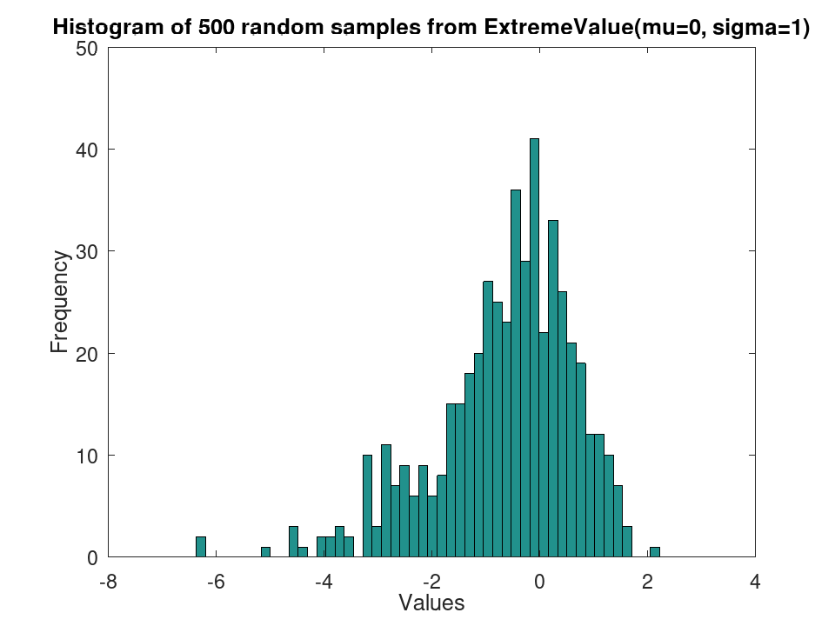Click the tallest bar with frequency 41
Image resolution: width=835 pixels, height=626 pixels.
(535, 348)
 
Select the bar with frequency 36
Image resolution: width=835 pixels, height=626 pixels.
(516, 373)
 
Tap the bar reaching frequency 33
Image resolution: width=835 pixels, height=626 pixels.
(553, 389)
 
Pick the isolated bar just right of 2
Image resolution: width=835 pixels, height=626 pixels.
(655, 552)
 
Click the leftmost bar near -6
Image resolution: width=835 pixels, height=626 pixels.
(201, 547)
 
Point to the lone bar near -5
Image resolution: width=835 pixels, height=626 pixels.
(266, 552)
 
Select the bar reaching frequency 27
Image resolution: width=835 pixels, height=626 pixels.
(488, 419)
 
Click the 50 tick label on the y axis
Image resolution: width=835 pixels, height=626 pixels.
(87, 49)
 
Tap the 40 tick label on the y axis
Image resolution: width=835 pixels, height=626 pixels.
(87, 150)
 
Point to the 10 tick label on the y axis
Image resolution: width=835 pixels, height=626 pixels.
(87, 456)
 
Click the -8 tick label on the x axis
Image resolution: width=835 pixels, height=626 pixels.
(108, 582)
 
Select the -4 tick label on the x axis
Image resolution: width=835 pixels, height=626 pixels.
(324, 582)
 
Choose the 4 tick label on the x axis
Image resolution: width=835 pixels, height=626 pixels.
(755, 582)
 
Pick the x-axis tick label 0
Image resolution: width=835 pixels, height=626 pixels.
(539, 582)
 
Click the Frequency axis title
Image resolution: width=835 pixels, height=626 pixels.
(60, 302)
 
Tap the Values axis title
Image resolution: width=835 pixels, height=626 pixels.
(432, 603)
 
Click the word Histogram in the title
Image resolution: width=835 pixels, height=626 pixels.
(110, 27)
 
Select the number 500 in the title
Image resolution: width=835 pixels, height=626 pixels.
(217, 27)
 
